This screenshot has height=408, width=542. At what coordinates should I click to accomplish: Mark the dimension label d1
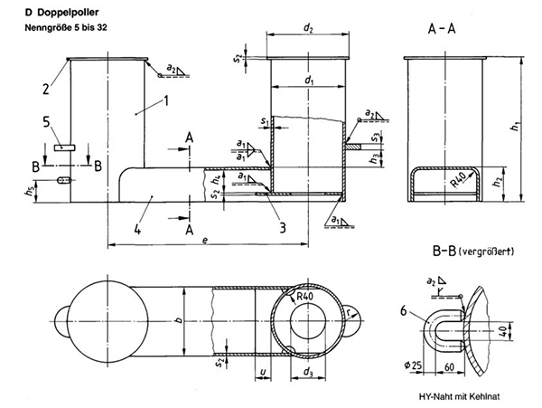[310, 81]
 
